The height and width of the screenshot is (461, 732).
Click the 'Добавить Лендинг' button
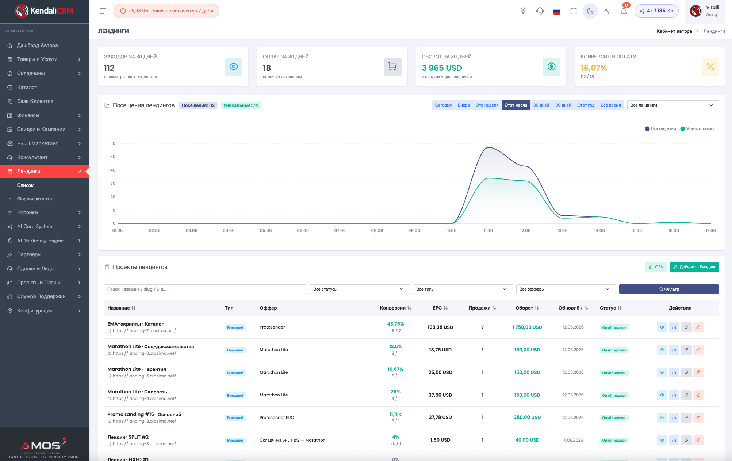(694, 267)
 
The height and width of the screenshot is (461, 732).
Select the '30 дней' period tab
(541, 105)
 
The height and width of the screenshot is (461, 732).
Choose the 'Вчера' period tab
(464, 105)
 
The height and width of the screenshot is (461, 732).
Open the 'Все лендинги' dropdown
(673, 105)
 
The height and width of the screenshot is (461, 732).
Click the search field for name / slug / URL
(205, 289)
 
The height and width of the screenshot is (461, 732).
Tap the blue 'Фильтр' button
(669, 289)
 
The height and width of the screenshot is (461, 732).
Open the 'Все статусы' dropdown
(360, 289)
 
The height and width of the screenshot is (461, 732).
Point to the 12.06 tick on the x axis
(525, 231)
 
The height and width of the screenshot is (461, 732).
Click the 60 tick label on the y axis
(113, 143)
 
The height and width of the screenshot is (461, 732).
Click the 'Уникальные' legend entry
(697, 129)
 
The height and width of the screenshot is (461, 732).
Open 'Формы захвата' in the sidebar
(34, 199)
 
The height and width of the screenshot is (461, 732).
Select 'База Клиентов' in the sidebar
(35, 101)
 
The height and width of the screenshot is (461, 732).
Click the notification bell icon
(624, 11)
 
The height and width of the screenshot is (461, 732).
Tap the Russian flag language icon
(557, 11)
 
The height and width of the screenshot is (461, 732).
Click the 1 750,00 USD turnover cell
(527, 327)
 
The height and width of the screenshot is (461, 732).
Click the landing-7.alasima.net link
(144, 331)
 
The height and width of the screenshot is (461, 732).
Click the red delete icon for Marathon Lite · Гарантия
(698, 372)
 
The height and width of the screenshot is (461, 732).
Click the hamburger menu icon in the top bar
(103, 11)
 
